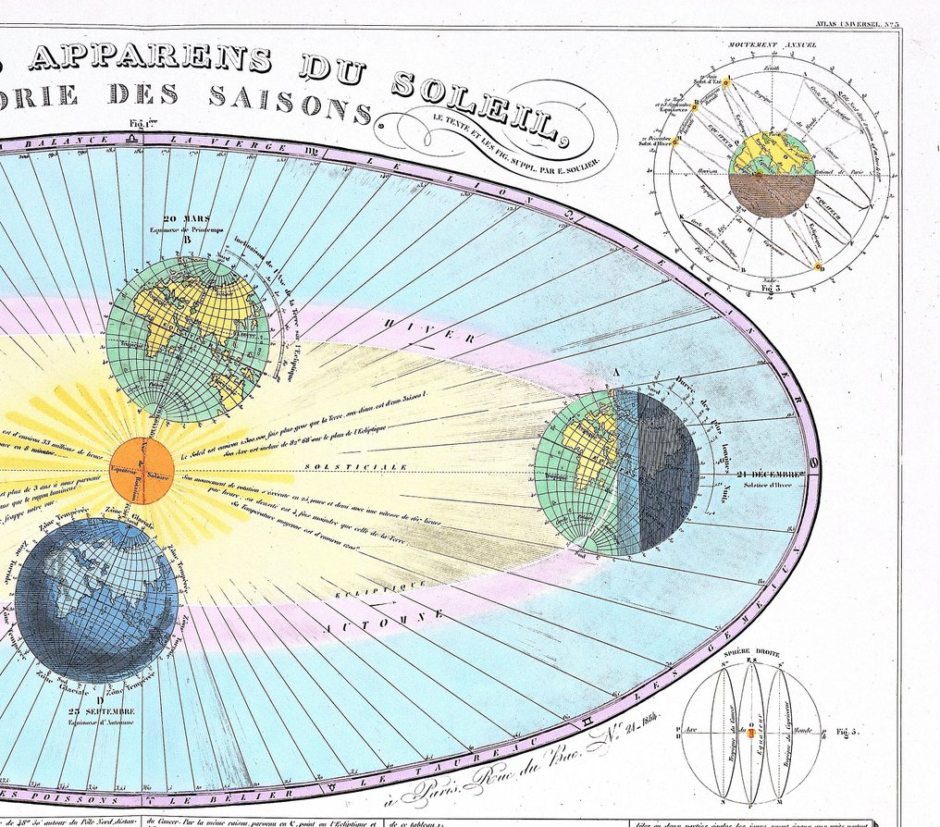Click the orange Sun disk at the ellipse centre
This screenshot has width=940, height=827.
pyautogui.click(x=142, y=471)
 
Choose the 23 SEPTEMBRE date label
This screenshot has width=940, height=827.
pyautogui.click(x=103, y=712)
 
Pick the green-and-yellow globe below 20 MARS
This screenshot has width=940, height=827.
pyautogui.click(x=187, y=339)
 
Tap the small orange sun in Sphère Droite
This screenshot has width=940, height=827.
pyautogui.click(x=752, y=734)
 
